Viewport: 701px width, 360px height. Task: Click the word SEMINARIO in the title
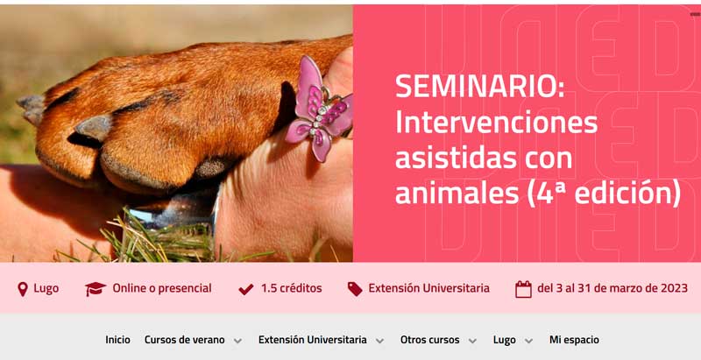point(479,87)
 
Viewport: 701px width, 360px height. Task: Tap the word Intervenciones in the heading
point(496,123)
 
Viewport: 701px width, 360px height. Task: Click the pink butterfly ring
point(320,108)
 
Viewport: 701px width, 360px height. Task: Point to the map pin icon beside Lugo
point(23,289)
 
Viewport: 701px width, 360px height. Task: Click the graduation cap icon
point(96,289)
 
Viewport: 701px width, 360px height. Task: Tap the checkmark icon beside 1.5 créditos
point(246,289)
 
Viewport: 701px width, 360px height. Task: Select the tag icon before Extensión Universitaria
point(355,289)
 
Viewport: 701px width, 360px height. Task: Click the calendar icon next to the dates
point(523,289)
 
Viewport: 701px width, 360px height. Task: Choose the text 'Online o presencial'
point(162,288)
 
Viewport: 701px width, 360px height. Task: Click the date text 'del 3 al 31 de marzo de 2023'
point(612,288)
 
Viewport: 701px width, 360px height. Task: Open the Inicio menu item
point(118,340)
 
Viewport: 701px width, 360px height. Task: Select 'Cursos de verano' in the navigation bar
point(185,340)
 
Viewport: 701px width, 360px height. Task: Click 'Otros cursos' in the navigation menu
point(429,340)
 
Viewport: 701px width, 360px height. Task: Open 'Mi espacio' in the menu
point(574,341)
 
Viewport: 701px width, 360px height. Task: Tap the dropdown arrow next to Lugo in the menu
point(528,342)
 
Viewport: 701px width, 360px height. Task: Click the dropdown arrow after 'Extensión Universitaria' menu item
point(379,342)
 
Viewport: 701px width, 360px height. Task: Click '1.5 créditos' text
point(292,288)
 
